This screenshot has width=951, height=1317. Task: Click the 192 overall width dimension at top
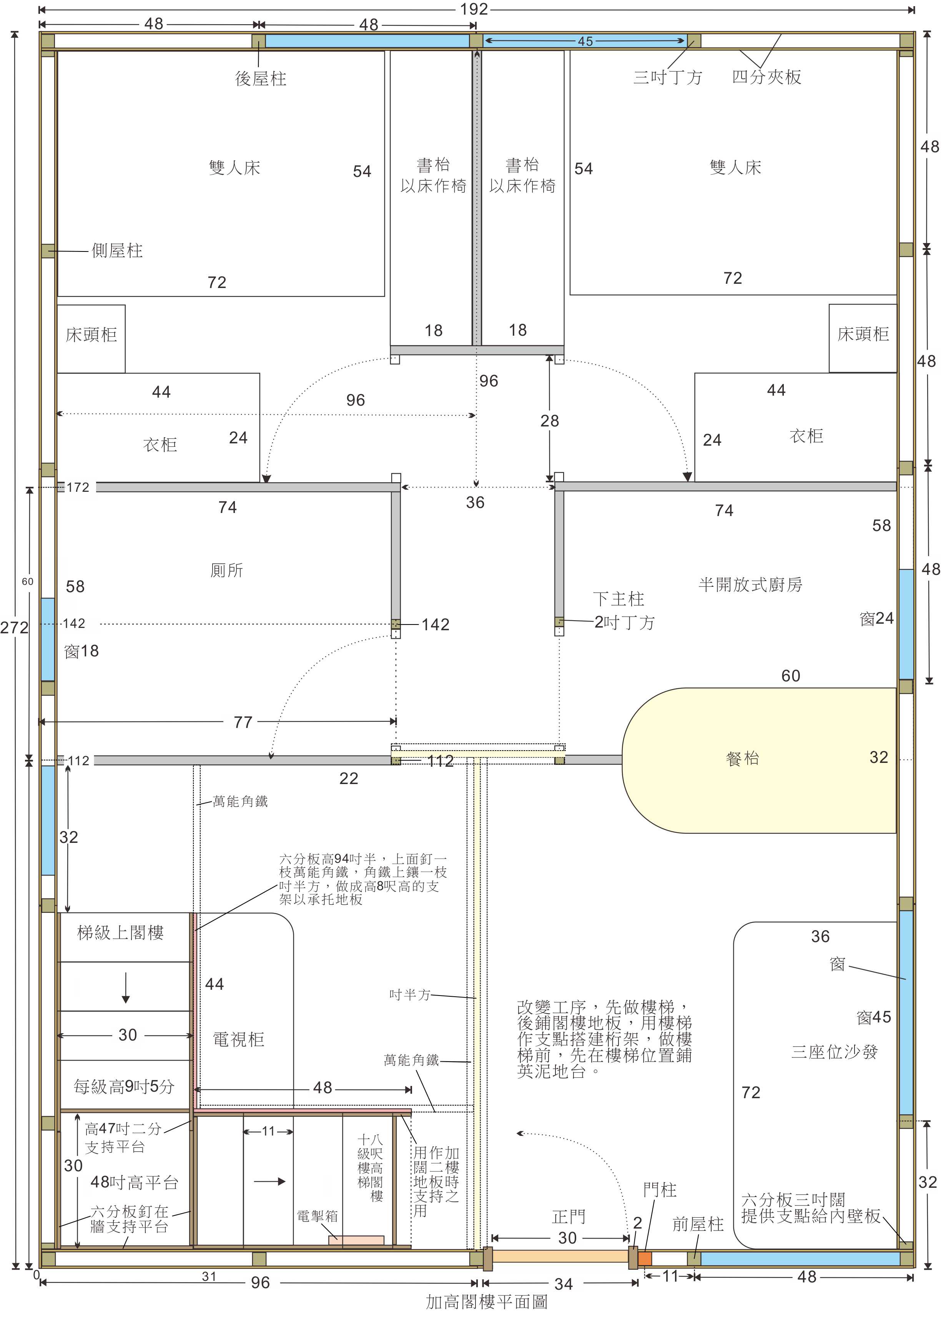474,9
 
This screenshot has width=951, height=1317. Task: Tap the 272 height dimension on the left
15,628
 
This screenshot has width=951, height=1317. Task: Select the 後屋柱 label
261,78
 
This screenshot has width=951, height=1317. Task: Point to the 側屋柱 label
117,251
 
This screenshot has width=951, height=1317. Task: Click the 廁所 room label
226,570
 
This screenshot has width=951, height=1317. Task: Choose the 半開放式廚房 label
750,584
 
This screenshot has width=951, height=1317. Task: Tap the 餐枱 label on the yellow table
743,758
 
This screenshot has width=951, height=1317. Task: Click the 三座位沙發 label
834,1052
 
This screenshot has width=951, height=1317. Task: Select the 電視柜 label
239,1039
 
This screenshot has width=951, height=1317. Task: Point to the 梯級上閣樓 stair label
121,932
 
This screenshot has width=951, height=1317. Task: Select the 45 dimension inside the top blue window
585,41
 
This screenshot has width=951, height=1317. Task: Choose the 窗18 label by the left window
81,651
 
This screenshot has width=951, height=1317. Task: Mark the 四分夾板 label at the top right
766,77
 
